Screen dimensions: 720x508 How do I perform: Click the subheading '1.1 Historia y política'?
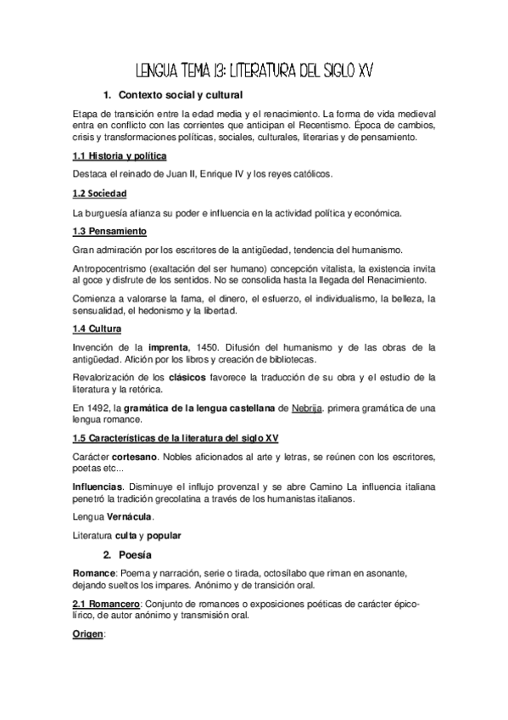click(119, 157)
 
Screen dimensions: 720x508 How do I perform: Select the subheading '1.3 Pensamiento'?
click(110, 231)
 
